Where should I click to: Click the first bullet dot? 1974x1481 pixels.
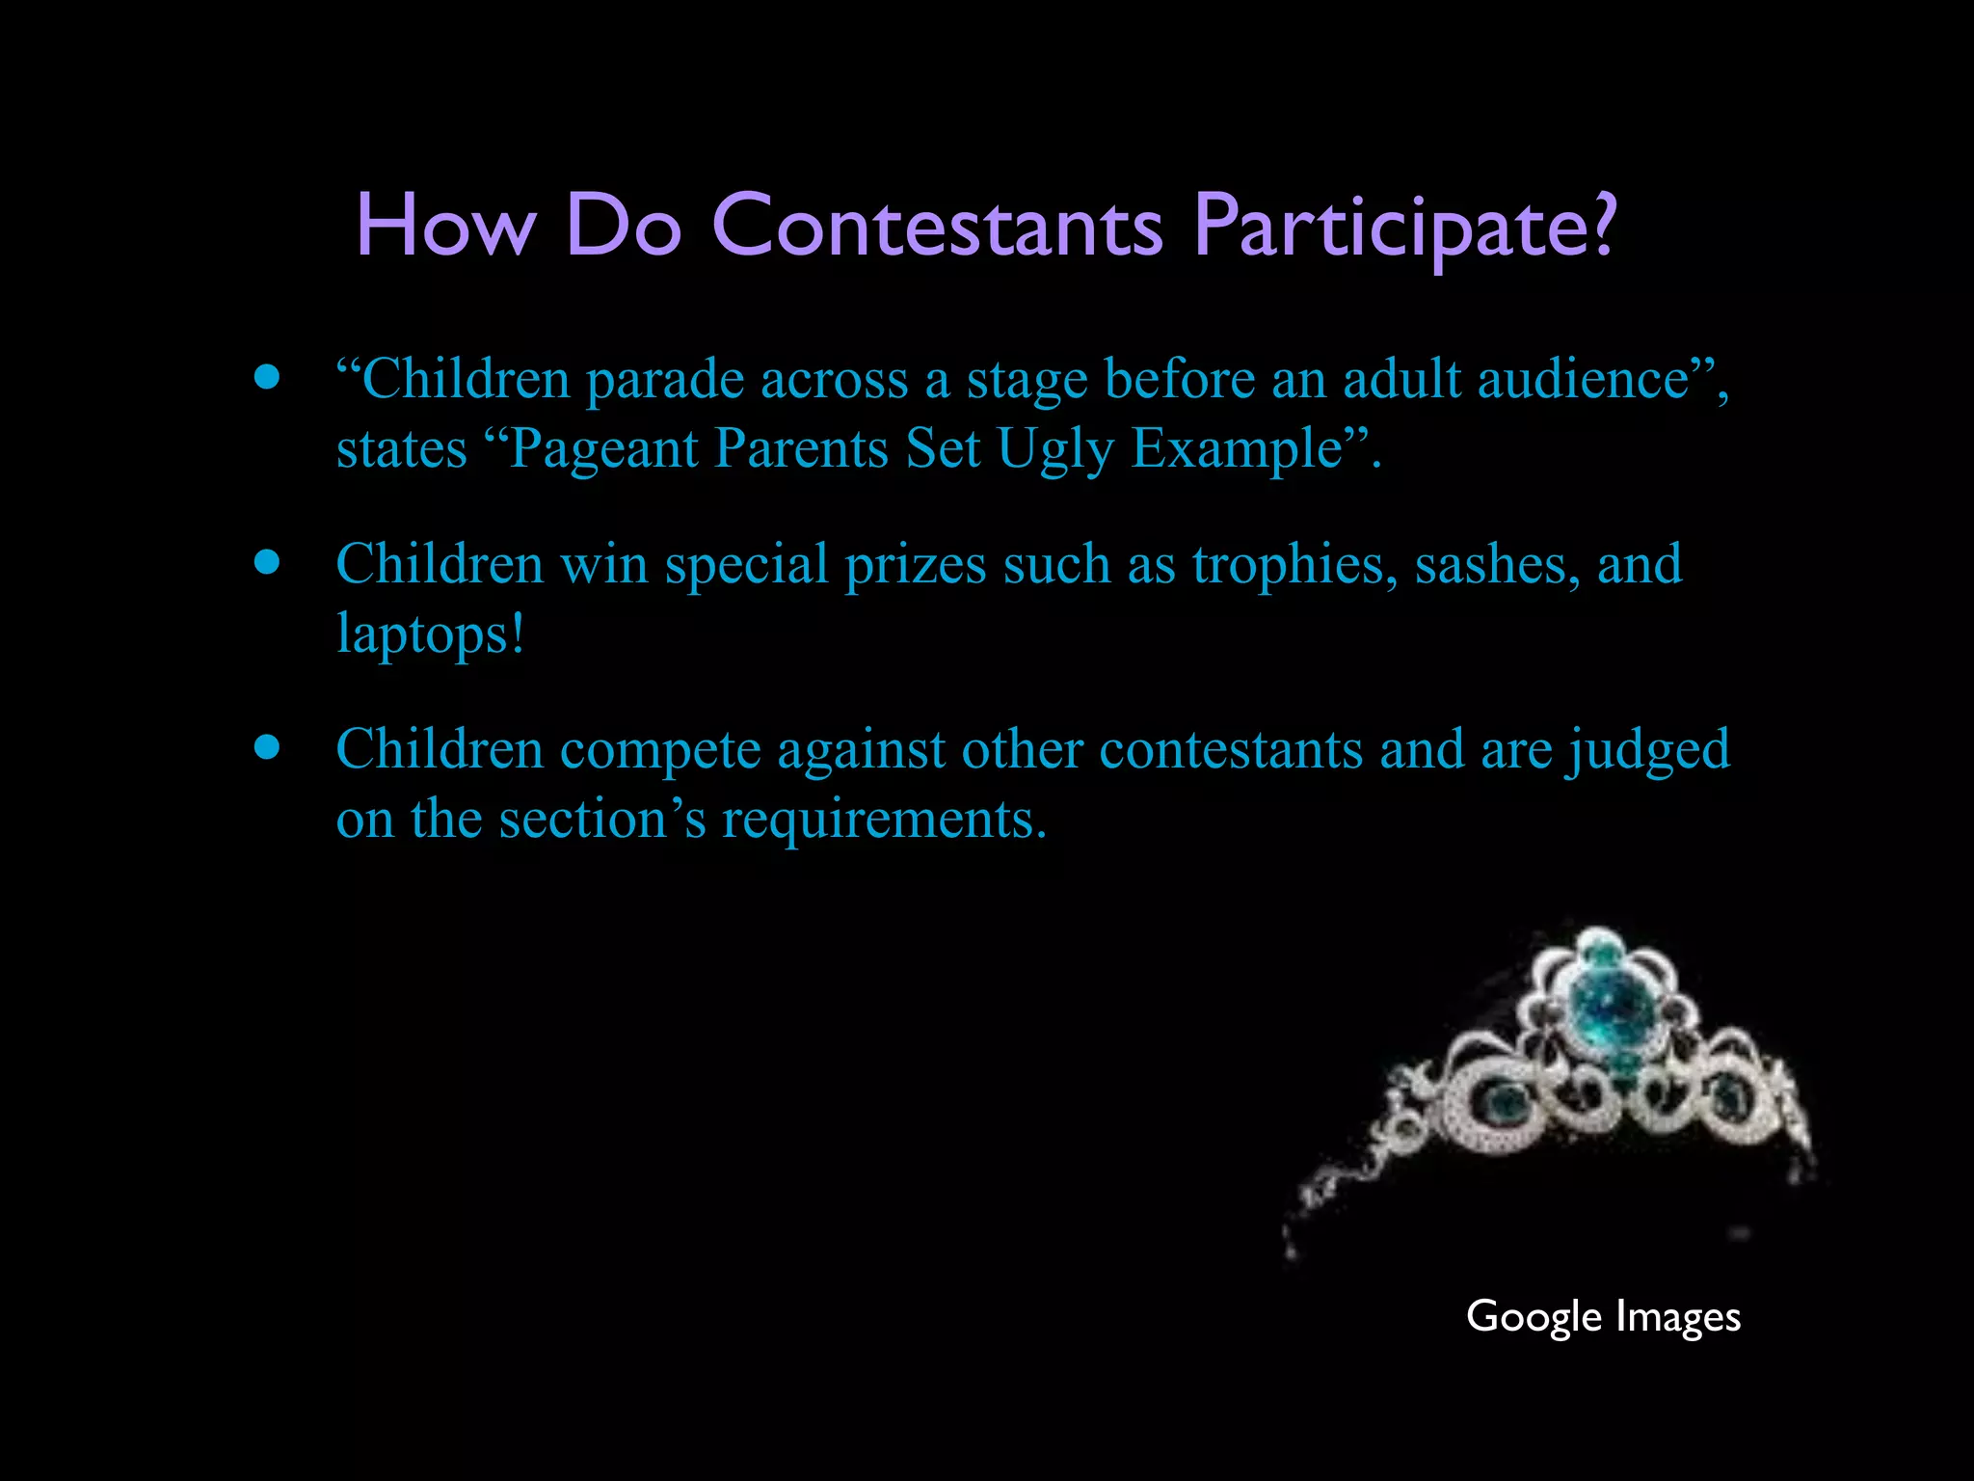[267, 377]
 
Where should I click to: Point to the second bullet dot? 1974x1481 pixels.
[267, 562]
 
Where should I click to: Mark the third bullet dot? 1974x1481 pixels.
[267, 747]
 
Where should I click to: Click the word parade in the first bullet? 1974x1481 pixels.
[665, 381]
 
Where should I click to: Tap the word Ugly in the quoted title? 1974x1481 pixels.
[1055, 450]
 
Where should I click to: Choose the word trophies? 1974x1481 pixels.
[1294, 566]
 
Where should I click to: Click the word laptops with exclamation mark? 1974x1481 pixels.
[430, 636]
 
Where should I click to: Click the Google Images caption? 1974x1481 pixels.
[1603, 1317]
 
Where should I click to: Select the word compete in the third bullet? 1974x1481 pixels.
[660, 751]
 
